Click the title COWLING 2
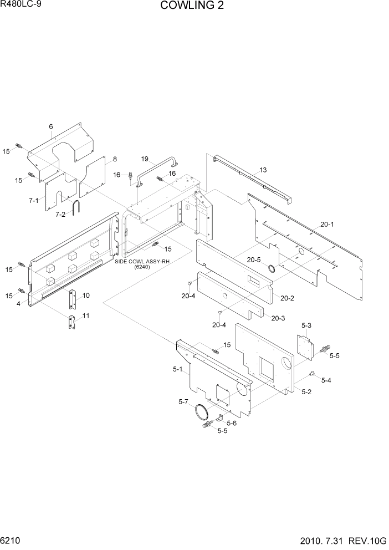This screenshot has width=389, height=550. point(192,6)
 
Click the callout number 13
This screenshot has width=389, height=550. point(263,170)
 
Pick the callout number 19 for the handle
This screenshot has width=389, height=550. point(145,159)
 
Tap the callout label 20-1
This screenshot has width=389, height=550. point(327,224)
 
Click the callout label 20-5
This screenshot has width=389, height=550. point(253,259)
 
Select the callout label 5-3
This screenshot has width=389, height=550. point(306,325)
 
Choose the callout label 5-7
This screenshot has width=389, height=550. point(183,401)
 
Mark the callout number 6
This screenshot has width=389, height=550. point(51,127)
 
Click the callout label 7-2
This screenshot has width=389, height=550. point(61,214)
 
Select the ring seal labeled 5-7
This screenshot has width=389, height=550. point(202,412)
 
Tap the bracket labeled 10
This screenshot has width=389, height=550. point(71,299)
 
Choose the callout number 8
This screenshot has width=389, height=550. point(115,159)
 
